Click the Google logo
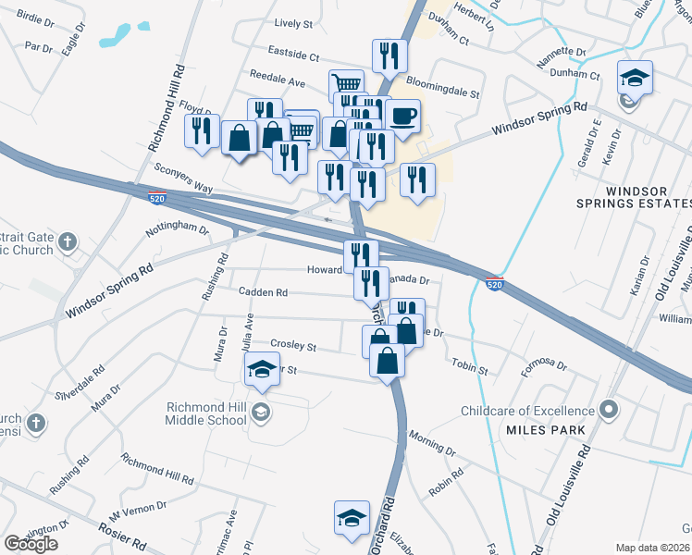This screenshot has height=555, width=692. pos(31,544)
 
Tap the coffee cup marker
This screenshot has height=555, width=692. pos(402,116)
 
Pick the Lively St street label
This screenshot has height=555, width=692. pos(294,24)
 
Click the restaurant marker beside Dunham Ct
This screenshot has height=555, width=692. pos(389,55)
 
